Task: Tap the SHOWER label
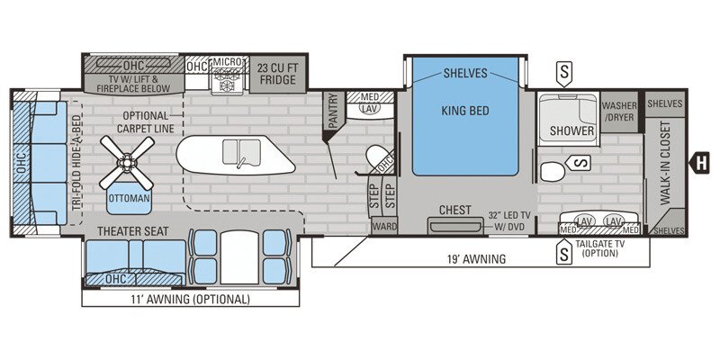tap(572, 130)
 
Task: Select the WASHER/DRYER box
tap(619, 112)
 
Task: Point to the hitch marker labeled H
tap(697, 163)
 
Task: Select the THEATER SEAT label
tap(133, 231)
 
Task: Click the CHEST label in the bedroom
tap(454, 210)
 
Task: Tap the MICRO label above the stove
tap(224, 63)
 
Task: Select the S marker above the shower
tap(564, 69)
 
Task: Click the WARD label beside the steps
tap(383, 226)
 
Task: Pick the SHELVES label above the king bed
tap(465, 73)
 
